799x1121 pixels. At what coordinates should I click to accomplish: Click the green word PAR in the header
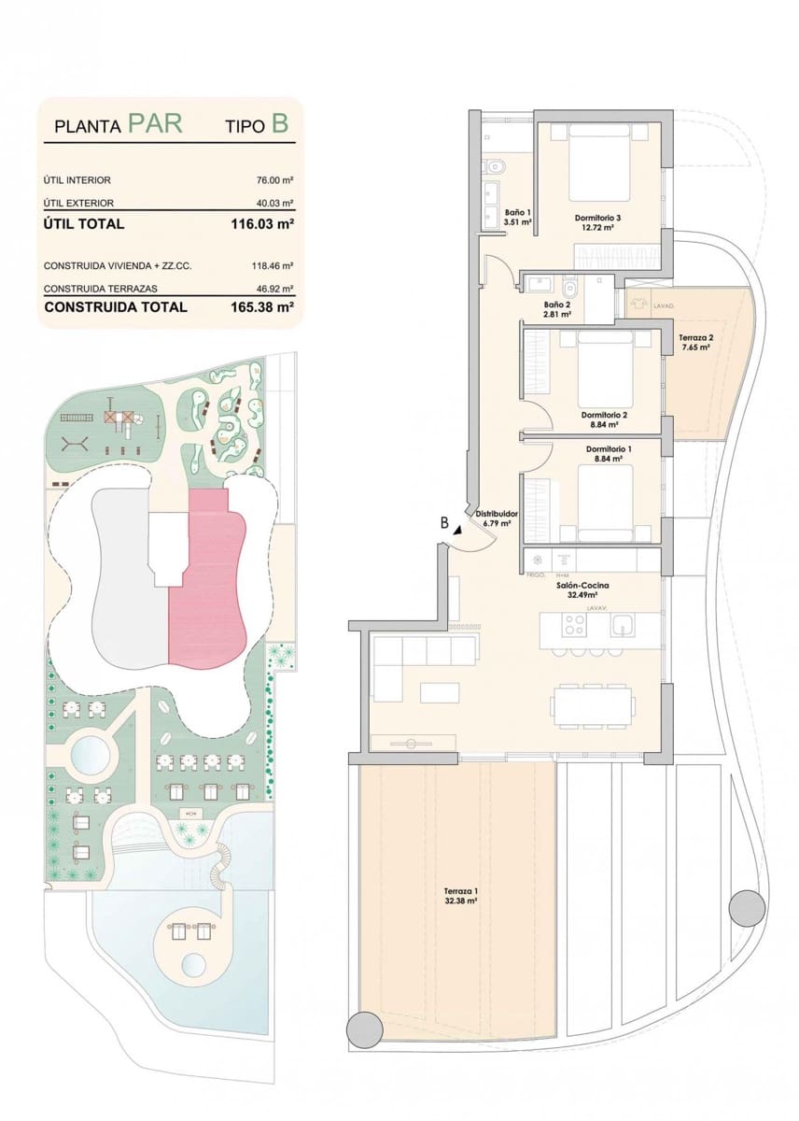click(x=154, y=124)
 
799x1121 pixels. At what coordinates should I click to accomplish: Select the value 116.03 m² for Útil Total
click(x=262, y=224)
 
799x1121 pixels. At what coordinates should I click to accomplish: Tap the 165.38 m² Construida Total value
click(x=262, y=306)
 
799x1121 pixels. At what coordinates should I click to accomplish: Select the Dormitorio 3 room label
click(x=598, y=219)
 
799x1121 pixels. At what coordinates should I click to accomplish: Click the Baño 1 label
click(x=517, y=212)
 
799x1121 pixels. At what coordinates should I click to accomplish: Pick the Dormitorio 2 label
click(x=603, y=415)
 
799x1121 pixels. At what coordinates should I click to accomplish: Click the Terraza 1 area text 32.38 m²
click(x=461, y=902)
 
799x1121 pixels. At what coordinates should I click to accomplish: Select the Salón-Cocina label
click(x=576, y=585)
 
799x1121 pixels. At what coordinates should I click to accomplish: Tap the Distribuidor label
click(x=496, y=514)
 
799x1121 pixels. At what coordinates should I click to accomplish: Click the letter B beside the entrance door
click(x=445, y=523)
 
